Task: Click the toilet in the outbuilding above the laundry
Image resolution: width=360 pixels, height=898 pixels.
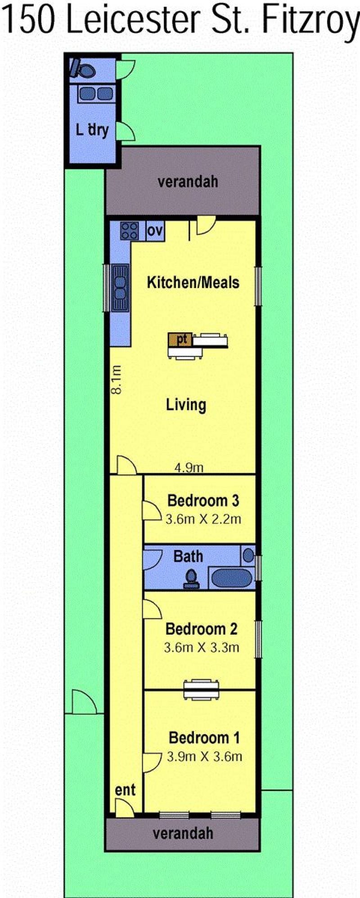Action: [83, 68]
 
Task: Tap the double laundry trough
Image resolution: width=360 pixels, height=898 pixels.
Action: [96, 94]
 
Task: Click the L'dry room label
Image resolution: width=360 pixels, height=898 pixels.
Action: [92, 130]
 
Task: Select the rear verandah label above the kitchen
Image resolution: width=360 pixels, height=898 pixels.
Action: [188, 181]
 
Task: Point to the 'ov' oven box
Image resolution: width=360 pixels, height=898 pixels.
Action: [155, 231]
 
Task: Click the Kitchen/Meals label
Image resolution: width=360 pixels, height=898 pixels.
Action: [193, 282]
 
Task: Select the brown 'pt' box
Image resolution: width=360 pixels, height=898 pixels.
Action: [181, 339]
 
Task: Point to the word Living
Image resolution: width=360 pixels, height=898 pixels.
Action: [186, 405]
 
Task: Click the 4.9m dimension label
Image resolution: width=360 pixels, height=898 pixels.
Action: [189, 468]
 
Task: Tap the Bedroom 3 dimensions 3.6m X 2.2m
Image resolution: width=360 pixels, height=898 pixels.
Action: [203, 519]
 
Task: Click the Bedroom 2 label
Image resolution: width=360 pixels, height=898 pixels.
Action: [201, 628]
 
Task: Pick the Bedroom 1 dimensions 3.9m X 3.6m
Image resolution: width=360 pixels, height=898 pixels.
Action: [204, 756]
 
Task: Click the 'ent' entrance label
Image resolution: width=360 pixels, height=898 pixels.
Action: [125, 790]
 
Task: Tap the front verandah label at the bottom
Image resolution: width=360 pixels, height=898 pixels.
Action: [183, 833]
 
